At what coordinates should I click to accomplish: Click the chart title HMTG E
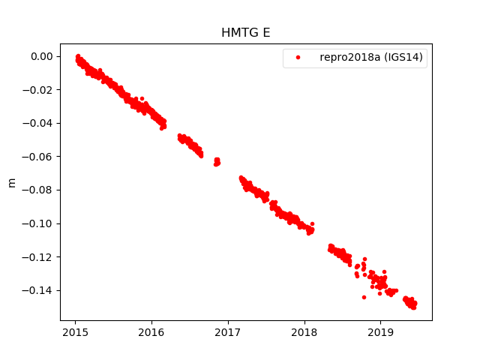pyautogui.click(x=246, y=33)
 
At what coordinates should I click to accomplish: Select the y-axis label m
pyautogui.click(x=11, y=182)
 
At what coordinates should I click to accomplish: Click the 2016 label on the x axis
pyautogui.click(x=151, y=332)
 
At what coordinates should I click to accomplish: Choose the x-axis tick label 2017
pyautogui.click(x=228, y=332)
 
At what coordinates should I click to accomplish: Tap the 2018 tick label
pyautogui.click(x=304, y=332)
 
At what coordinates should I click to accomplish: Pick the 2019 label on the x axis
pyautogui.click(x=380, y=332)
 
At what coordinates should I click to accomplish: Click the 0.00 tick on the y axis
pyautogui.click(x=42, y=57)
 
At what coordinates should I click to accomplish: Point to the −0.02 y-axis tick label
pyautogui.click(x=39, y=90)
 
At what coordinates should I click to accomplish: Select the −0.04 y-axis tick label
pyautogui.click(x=39, y=123)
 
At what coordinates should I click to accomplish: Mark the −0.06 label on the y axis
pyautogui.click(x=39, y=157)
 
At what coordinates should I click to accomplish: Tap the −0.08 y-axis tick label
pyautogui.click(x=39, y=190)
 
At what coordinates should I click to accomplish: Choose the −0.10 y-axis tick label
pyautogui.click(x=39, y=223)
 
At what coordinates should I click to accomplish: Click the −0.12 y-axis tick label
pyautogui.click(x=39, y=257)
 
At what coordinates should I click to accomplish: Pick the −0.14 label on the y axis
pyautogui.click(x=39, y=290)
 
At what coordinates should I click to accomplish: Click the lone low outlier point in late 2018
pyautogui.click(x=364, y=297)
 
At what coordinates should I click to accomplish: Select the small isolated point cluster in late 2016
pyautogui.click(x=217, y=161)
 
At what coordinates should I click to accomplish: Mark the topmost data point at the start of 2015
pyautogui.click(x=78, y=56)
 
